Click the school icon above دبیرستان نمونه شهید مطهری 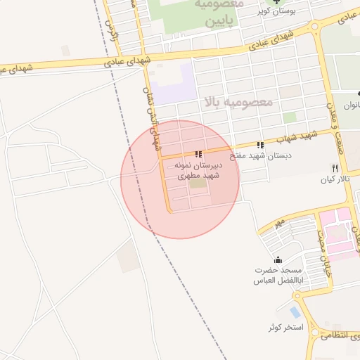(199, 154)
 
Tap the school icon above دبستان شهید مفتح (261, 145)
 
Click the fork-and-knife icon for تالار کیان (335, 169)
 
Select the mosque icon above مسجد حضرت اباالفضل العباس (279, 259)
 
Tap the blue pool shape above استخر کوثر (295, 311)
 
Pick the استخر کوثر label (285, 328)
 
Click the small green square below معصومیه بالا (290, 117)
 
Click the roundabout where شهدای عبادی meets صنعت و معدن (314, 28)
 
